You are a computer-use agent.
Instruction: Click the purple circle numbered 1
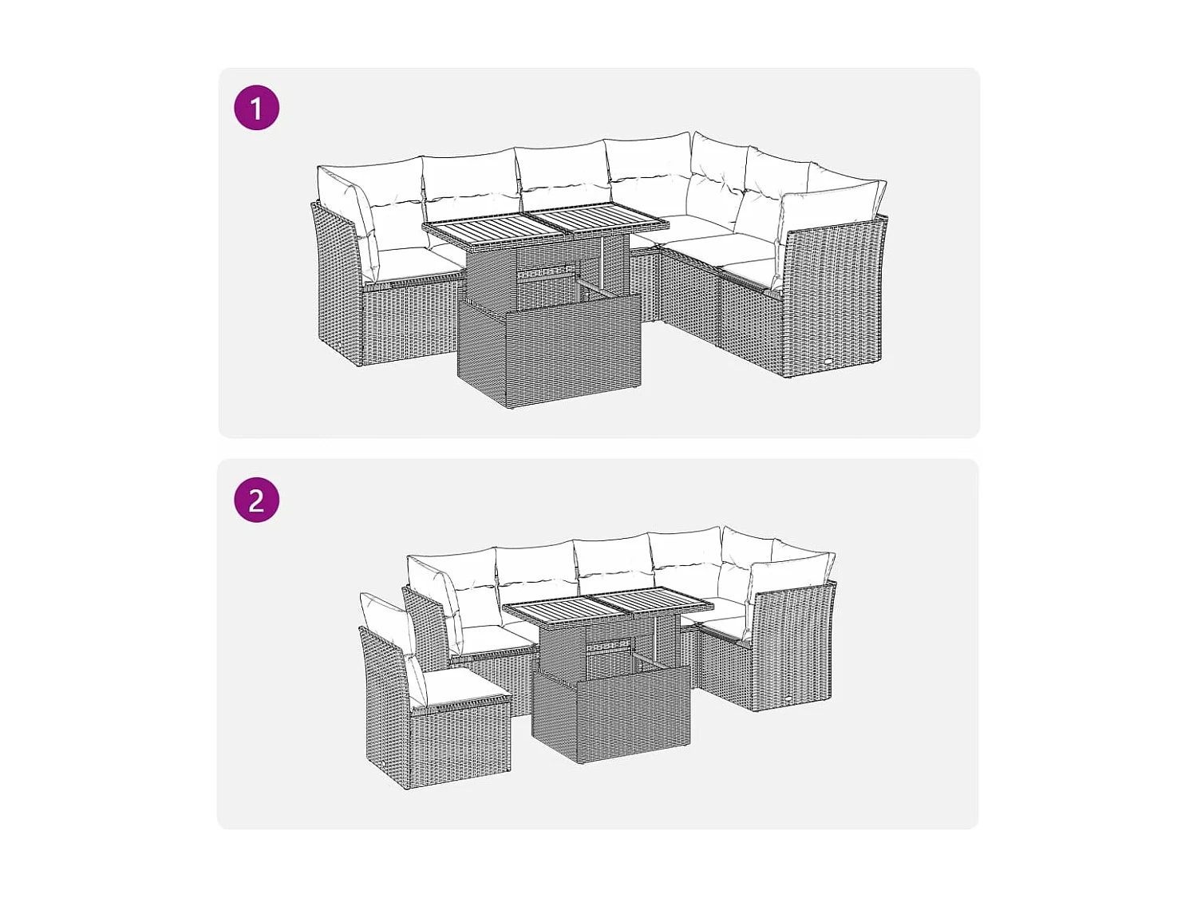tap(256, 108)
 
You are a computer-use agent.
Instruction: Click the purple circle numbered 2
tap(256, 500)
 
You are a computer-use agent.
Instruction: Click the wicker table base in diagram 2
tap(611, 714)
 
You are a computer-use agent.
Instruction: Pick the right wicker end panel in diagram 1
tap(834, 299)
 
